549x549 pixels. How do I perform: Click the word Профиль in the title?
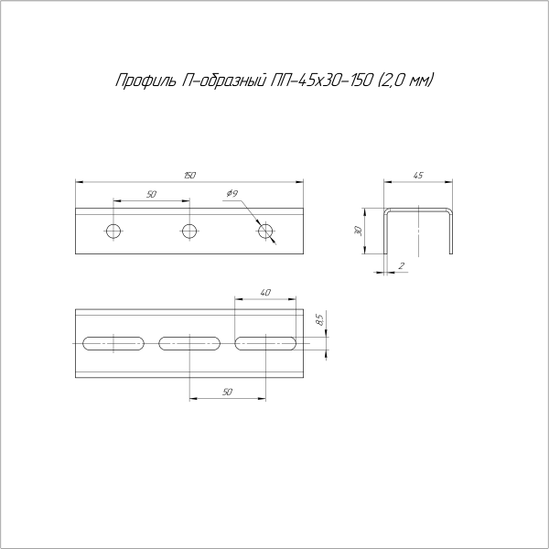click(139, 81)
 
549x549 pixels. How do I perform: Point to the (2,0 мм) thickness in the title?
click(405, 81)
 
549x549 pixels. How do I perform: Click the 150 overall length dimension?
click(189, 174)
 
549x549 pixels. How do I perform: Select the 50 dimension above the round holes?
click(151, 194)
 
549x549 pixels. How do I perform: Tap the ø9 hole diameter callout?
click(231, 194)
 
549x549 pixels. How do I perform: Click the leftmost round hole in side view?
click(113, 230)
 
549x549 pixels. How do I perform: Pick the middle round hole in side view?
click(189, 230)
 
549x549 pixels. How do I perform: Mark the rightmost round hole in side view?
click(265, 230)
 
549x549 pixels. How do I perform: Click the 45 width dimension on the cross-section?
click(418, 174)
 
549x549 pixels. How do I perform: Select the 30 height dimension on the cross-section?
click(360, 230)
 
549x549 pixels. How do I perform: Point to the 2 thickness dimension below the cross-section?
click(402, 266)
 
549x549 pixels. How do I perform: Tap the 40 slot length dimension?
click(265, 293)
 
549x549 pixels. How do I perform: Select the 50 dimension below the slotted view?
click(227, 391)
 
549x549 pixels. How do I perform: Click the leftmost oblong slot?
click(113, 344)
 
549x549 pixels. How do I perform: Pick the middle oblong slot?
click(189, 344)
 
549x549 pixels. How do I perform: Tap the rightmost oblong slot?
click(265, 344)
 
